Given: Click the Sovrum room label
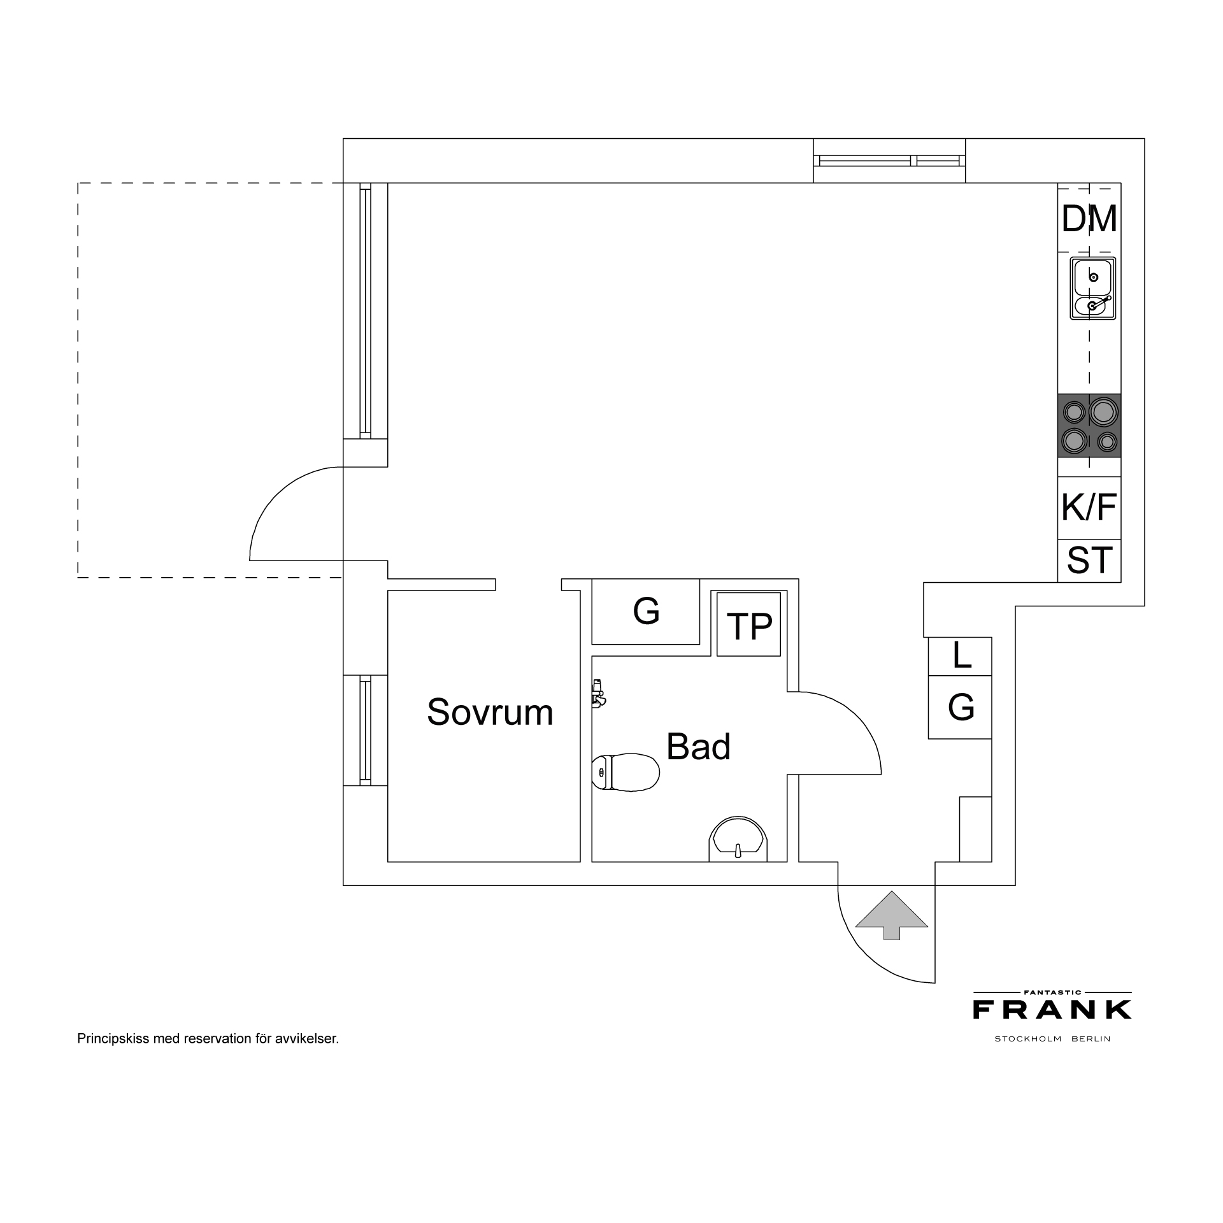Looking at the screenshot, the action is click(490, 712).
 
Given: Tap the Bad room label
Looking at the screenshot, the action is click(698, 747).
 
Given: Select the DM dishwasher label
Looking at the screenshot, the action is click(1089, 219).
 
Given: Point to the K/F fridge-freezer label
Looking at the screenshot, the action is click(1089, 507).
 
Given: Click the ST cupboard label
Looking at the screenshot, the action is click(1089, 561).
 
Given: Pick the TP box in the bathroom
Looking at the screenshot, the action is click(749, 624).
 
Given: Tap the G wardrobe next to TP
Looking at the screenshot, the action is click(646, 611).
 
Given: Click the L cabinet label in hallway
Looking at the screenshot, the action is click(961, 655).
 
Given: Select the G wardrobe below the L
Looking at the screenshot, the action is click(961, 707).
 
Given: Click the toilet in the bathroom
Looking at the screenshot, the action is click(626, 773).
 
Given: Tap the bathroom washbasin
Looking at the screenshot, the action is click(738, 839).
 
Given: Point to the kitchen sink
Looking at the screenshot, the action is click(1093, 288).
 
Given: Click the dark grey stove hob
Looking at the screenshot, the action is click(1089, 426).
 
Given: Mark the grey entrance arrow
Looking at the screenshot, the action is click(891, 915).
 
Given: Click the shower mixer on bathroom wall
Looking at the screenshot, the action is click(597, 693).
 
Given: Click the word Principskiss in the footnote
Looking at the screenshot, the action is click(113, 1039).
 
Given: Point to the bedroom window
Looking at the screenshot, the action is click(366, 730).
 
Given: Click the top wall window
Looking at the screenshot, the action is click(890, 161).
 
